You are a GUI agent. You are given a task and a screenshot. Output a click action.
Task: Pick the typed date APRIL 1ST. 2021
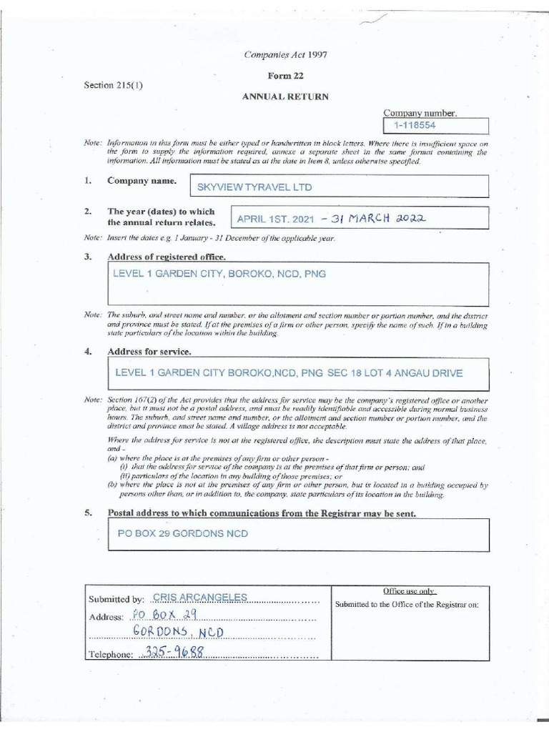point(274,219)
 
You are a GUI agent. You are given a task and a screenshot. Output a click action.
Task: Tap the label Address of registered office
point(167,257)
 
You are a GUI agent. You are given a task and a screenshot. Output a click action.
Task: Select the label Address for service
point(149,352)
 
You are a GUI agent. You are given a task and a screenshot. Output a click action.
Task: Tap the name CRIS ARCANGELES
point(189,598)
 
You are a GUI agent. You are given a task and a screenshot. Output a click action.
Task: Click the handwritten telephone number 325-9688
point(174,652)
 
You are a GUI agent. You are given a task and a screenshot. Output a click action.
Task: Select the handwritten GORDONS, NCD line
point(177,633)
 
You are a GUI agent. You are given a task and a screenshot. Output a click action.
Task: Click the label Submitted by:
point(116,599)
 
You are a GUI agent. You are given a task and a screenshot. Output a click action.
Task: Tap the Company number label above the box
point(420,113)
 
